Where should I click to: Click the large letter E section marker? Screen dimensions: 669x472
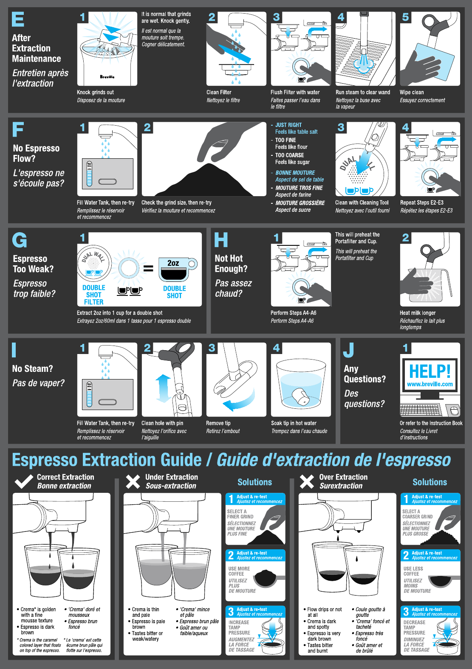pyautogui.click(x=18, y=20)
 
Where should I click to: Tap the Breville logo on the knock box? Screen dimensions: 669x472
pyautogui.click(x=107, y=77)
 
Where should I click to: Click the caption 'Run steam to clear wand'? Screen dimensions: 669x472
pyautogui.click(x=362, y=92)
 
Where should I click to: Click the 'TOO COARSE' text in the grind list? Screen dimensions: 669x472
pyautogui.click(x=289, y=155)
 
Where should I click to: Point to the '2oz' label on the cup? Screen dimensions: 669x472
pyautogui.click(x=173, y=263)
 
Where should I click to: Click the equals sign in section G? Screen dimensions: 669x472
pyautogui.click(x=148, y=268)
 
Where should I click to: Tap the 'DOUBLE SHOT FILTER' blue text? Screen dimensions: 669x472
pyautogui.click(x=93, y=295)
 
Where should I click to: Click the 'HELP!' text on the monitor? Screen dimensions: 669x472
pyautogui.click(x=430, y=371)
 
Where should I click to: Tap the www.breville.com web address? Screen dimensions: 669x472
pyautogui.click(x=430, y=384)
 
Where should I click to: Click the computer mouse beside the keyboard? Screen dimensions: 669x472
pyautogui.click(x=454, y=410)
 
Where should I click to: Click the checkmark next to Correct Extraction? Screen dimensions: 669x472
pyautogui.click(x=24, y=481)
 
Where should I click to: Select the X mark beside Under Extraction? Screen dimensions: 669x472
pyautogui.click(x=133, y=481)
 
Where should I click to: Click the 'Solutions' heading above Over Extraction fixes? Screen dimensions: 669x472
pyautogui.click(x=430, y=482)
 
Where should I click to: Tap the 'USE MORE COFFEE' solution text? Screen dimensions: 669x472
pyautogui.click(x=239, y=571)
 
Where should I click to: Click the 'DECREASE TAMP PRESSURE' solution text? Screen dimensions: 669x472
pyautogui.click(x=414, y=627)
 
